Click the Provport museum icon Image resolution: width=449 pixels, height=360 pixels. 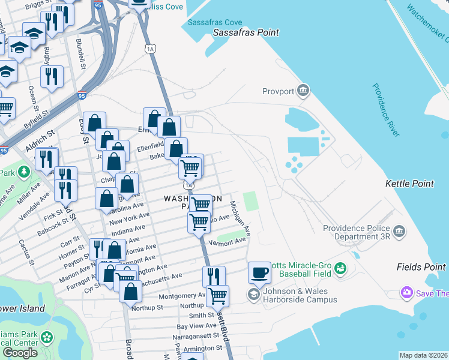coord(303,91)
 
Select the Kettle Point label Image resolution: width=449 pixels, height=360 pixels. coord(409,184)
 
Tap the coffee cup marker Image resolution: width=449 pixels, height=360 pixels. coord(259,272)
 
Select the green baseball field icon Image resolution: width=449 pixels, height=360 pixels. coord(340,268)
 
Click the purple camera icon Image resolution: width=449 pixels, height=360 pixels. coord(407,293)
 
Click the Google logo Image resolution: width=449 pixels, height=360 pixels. coord(20,353)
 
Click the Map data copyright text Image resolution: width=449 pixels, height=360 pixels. coord(424,355)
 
